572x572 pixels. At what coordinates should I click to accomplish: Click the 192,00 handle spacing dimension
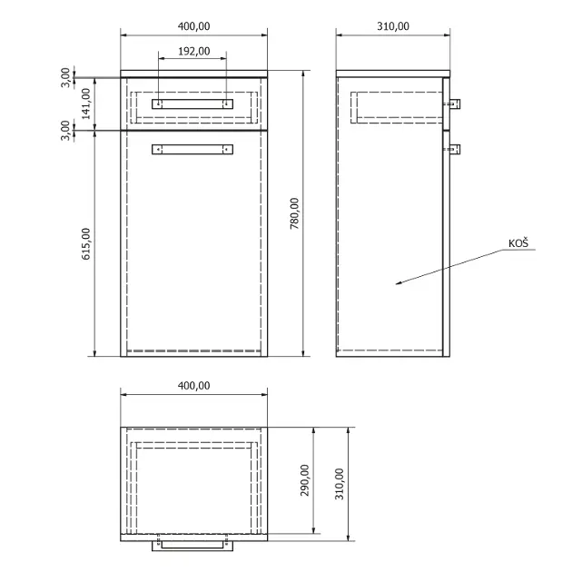pyautogui.click(x=193, y=51)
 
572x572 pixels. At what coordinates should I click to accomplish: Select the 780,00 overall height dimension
pyautogui.click(x=294, y=213)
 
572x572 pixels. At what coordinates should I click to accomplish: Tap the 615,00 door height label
pyautogui.click(x=85, y=243)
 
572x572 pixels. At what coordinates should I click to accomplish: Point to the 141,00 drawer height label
pyautogui.click(x=85, y=104)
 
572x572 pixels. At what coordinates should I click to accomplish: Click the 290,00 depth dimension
pyautogui.click(x=304, y=480)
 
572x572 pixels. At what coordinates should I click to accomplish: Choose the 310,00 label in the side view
pyautogui.click(x=393, y=26)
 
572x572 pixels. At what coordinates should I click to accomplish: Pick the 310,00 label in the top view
pyautogui.click(x=340, y=484)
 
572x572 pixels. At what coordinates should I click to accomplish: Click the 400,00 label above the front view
pyautogui.click(x=193, y=26)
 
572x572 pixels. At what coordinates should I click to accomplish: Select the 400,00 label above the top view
pyautogui.click(x=193, y=386)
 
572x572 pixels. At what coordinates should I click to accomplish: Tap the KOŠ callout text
pyautogui.click(x=518, y=243)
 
